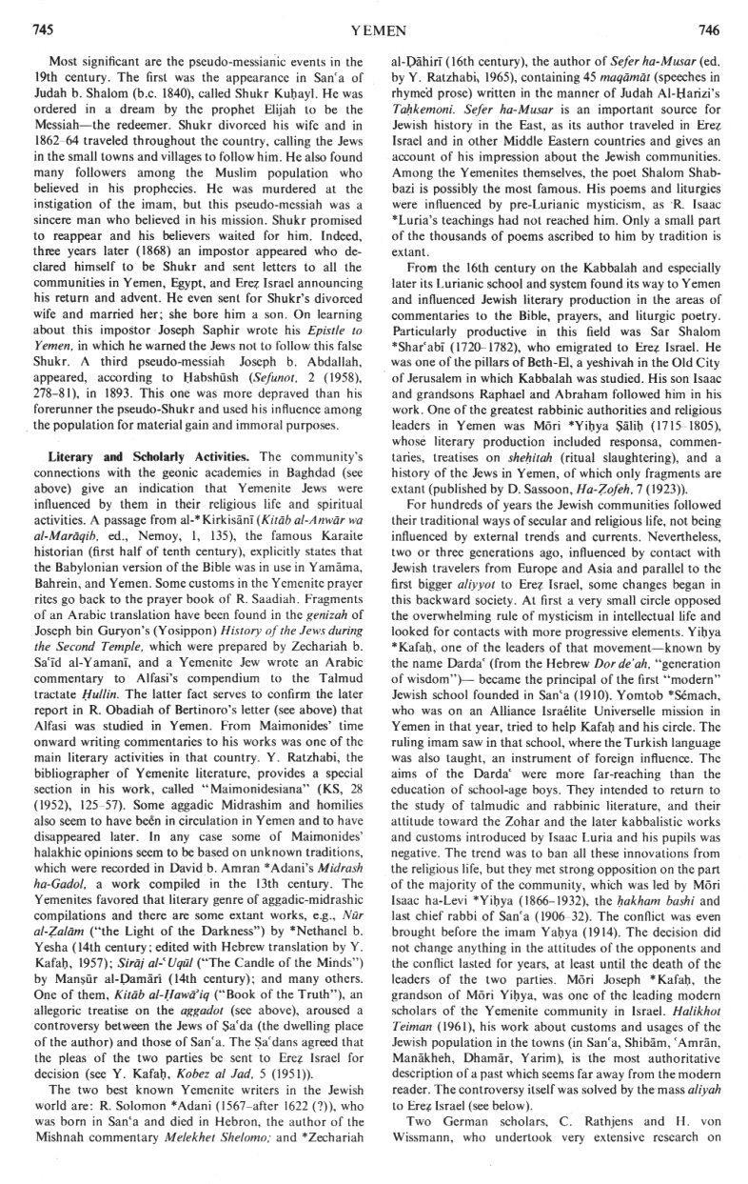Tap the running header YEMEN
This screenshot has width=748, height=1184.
pos(374,30)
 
